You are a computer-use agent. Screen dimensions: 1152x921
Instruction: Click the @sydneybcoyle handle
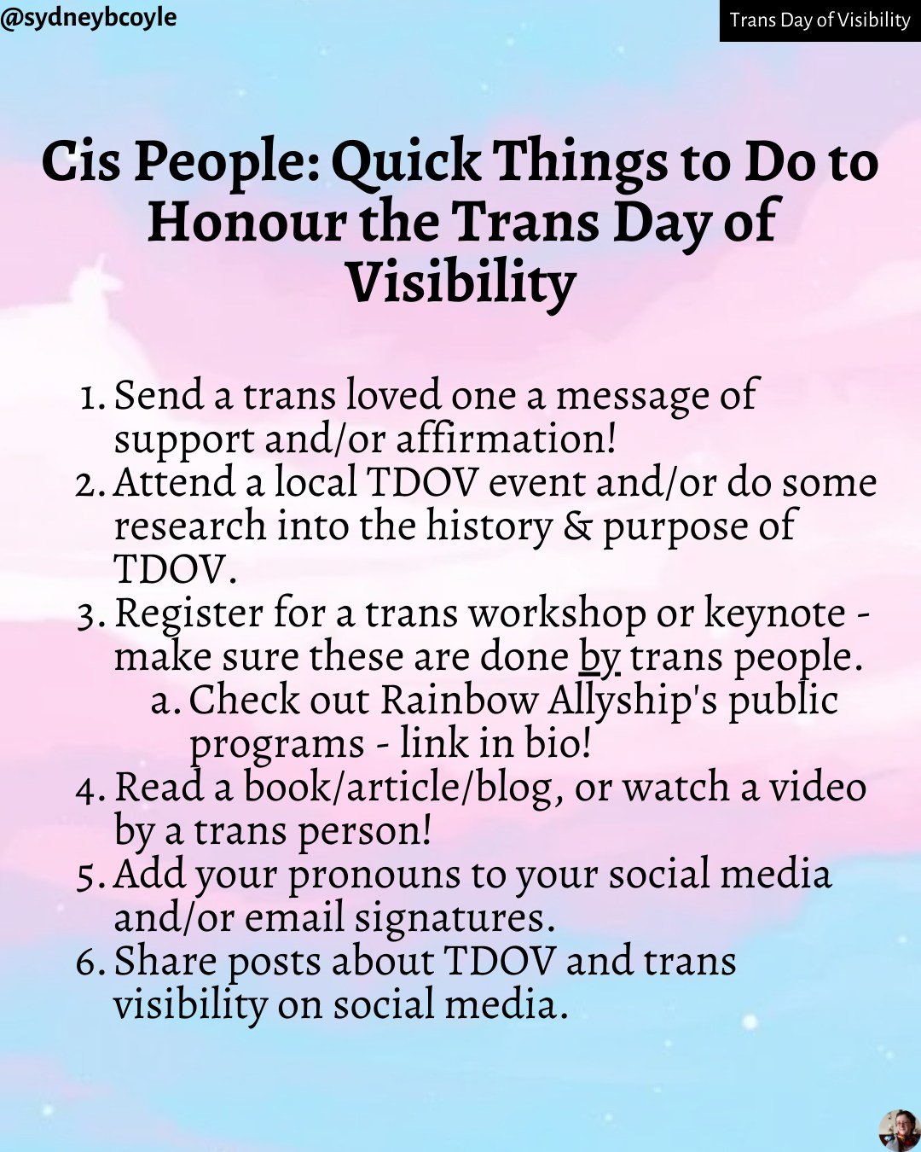point(89,17)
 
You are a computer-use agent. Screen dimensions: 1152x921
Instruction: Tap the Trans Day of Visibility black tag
point(820,20)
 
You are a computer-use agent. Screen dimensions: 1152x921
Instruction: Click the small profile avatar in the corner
point(899,1130)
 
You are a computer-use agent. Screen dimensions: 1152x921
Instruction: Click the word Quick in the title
point(405,162)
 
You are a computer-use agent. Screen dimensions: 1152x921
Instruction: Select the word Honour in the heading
point(247,222)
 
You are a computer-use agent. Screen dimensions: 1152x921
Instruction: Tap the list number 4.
point(89,789)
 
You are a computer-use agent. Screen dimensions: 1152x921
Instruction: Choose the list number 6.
point(89,963)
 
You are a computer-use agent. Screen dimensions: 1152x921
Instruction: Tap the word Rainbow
point(459,701)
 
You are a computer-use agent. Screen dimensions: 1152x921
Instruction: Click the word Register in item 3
point(189,614)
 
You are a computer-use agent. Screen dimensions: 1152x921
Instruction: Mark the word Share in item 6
point(165,962)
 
